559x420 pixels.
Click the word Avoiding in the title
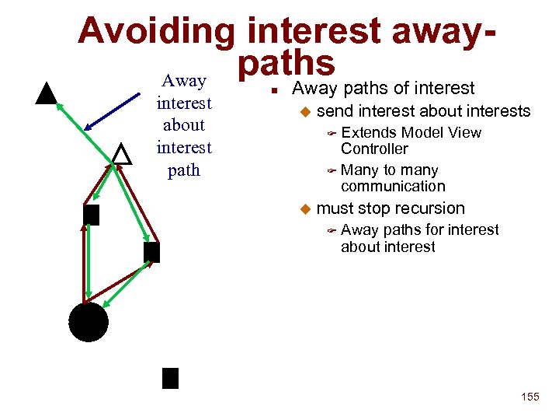(156, 31)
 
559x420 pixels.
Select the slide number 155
(529, 397)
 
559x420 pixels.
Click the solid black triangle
(47, 93)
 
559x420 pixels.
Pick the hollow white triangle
(121, 153)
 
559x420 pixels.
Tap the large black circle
(88, 322)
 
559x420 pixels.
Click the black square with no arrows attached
(170, 378)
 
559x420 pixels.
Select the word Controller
(374, 149)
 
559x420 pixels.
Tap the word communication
(393, 186)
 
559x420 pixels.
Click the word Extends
(369, 133)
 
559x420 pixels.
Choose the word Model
(423, 133)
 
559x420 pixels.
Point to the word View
(465, 133)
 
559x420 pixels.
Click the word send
(334, 111)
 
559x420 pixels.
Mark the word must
(335, 208)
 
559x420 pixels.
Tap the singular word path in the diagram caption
(184, 170)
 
